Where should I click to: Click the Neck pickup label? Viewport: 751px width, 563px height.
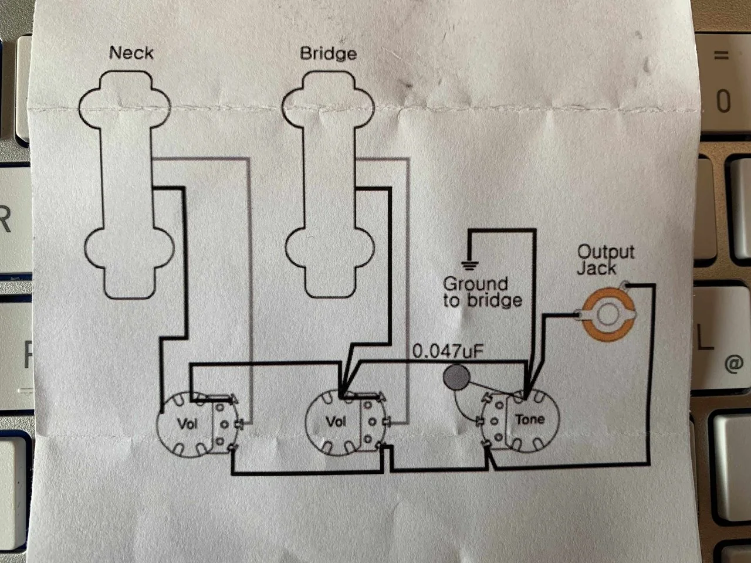(131, 53)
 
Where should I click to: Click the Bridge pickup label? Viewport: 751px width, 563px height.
(328, 53)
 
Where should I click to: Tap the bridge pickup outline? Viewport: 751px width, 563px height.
(329, 182)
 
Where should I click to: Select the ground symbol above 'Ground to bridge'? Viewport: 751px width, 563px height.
(469, 264)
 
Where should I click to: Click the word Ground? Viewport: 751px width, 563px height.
(475, 284)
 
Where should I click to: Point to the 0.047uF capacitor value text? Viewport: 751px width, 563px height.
(448, 351)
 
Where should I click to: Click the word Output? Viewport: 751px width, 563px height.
(605, 252)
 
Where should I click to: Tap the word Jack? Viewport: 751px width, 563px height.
(596, 269)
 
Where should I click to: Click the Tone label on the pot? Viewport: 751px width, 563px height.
(530, 419)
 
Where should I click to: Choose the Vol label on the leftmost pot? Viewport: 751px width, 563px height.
(188, 422)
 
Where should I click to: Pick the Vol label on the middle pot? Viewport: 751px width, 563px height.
(336, 421)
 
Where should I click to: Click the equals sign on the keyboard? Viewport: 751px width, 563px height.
(720, 56)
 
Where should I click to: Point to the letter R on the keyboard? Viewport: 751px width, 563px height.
(5, 220)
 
